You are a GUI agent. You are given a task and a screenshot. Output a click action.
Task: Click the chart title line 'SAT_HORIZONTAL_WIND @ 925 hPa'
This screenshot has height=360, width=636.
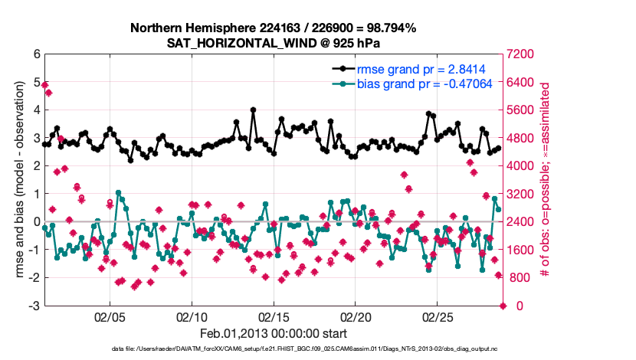pyautogui.click(x=273, y=43)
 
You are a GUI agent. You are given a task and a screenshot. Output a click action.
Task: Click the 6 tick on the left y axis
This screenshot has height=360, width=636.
pyautogui.click(x=36, y=54)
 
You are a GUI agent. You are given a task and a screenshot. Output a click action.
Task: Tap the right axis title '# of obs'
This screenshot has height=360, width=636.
pyautogui.click(x=546, y=180)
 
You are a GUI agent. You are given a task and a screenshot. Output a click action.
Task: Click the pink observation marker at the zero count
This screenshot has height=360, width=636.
pyautogui.click(x=503, y=306)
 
